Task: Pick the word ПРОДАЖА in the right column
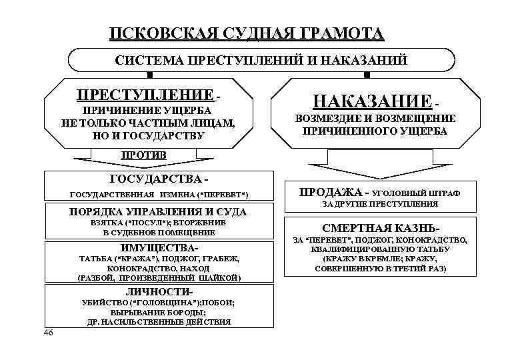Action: [x=325, y=192]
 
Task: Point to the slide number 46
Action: [x=47, y=333]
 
